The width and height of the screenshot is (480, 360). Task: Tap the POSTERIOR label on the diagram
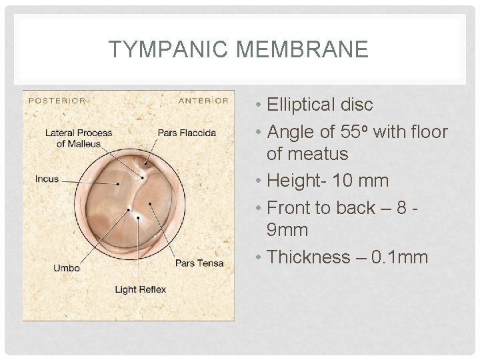click(x=56, y=101)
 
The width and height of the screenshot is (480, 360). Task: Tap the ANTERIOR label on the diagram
click(x=203, y=101)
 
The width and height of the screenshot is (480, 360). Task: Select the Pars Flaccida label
click(x=187, y=132)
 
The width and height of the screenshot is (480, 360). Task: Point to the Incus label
click(x=47, y=179)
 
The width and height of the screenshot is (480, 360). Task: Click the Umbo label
click(x=66, y=268)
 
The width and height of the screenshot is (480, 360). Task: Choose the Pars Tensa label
click(x=194, y=263)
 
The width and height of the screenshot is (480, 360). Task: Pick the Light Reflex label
click(x=140, y=289)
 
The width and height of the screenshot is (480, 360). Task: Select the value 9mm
click(x=287, y=231)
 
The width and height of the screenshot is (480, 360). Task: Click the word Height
click(x=294, y=181)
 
